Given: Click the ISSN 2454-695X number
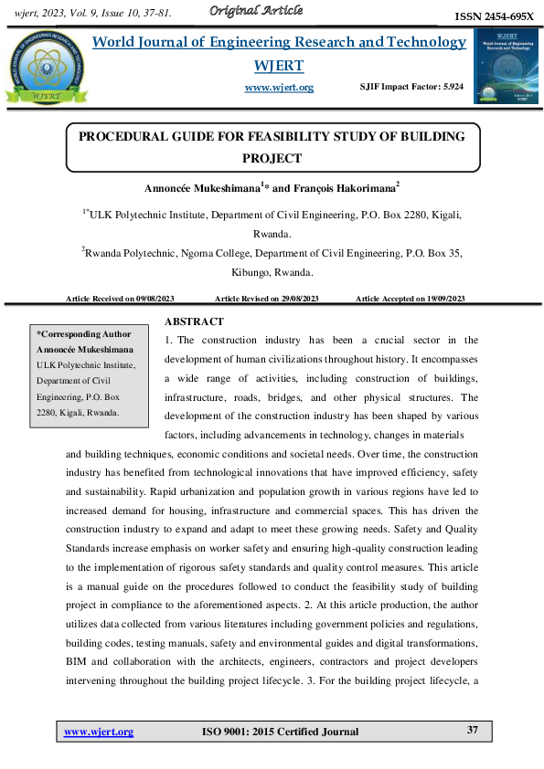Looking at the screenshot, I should (494, 17).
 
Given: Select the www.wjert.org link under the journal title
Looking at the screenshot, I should (279, 87).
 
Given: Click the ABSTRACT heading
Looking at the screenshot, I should (194, 321).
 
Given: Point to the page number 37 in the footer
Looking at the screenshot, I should (473, 731).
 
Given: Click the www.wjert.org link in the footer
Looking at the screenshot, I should (99, 732).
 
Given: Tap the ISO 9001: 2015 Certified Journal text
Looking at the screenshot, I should (280, 732).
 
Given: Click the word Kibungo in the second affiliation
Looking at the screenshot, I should (250, 272).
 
